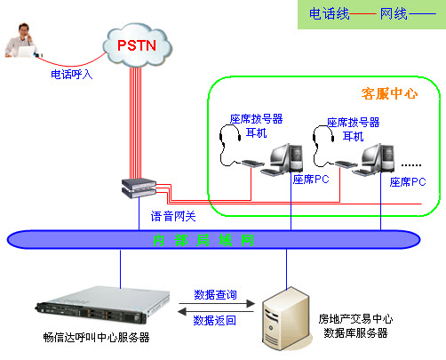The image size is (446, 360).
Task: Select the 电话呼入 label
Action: coord(71,75)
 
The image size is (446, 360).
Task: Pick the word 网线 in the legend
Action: coord(394,14)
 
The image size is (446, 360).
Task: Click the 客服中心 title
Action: coord(389,92)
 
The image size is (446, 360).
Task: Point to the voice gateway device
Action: coord(139,188)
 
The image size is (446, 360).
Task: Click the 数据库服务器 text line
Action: coord(354,332)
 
